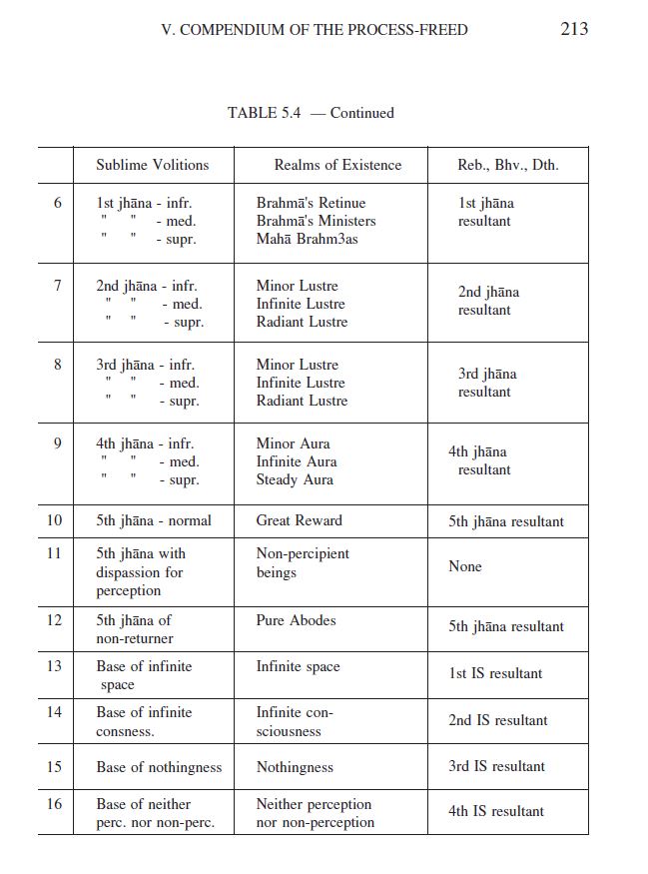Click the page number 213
574,28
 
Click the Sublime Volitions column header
153,165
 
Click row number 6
57,203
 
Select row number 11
54,553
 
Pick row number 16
54,804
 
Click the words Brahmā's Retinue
311,203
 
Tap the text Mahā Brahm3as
307,239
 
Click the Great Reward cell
299,520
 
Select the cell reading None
465,566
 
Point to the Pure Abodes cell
296,620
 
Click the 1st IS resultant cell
495,673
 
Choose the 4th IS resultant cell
496,811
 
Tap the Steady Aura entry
295,479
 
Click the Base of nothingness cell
159,767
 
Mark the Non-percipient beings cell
303,562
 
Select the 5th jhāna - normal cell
154,520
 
